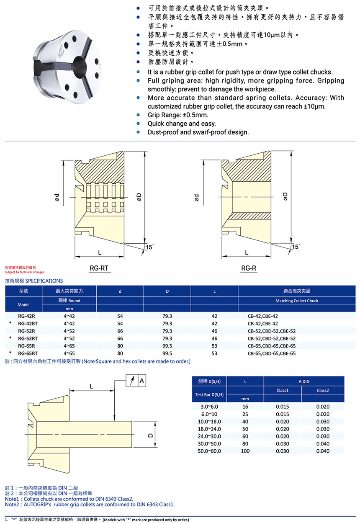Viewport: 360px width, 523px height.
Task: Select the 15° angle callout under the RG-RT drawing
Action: [149, 247]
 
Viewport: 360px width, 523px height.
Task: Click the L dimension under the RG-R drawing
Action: [247, 252]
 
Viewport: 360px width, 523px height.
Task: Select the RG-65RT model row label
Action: [28, 353]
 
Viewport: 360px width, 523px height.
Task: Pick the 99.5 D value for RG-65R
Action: [167, 346]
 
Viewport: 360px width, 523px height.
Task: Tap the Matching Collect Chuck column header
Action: [297, 301]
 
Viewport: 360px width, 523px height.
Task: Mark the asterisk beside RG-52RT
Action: [10, 338]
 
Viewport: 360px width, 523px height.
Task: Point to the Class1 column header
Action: [283, 390]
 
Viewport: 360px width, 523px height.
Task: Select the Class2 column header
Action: [323, 390]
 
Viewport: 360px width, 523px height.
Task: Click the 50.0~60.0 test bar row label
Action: [210, 451]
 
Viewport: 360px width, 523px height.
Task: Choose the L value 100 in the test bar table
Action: [245, 451]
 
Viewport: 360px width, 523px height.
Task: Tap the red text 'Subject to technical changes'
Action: [24, 272]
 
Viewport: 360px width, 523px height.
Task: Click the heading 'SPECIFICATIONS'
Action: [44, 281]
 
